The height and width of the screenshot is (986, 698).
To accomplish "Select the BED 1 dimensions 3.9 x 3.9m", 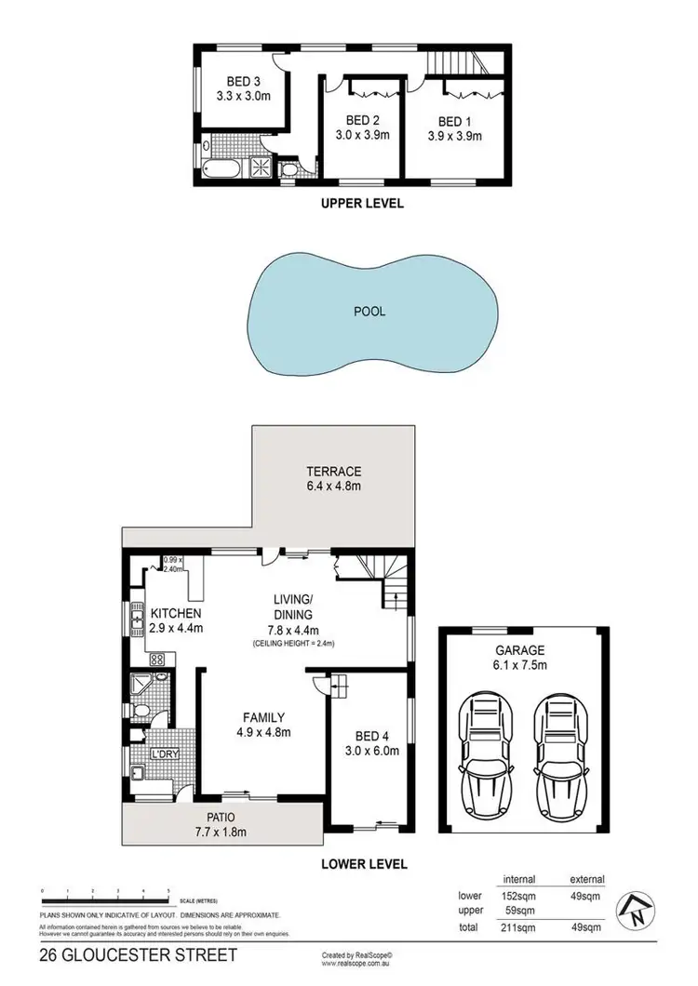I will [x=455, y=135].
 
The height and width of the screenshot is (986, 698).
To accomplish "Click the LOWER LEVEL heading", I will [x=364, y=864].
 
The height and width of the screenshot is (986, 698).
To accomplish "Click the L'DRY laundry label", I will [x=165, y=755].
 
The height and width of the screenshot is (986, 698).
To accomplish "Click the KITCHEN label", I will [x=176, y=614].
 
